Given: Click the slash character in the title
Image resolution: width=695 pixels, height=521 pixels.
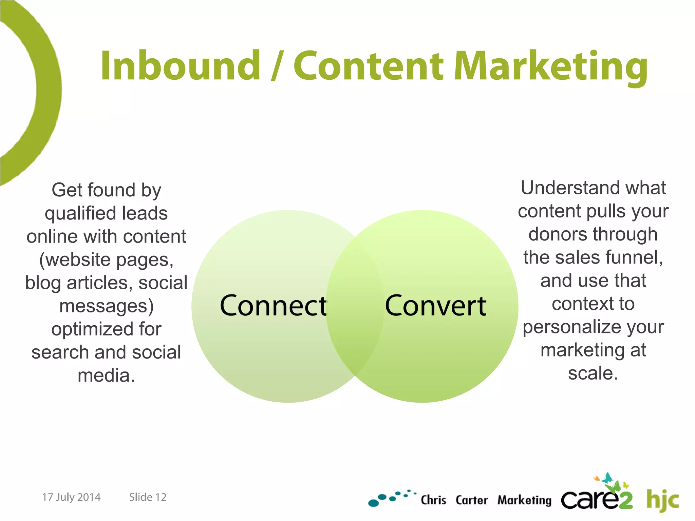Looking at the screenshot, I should click(x=277, y=66).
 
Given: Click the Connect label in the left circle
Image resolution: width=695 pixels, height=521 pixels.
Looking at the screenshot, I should click(x=273, y=306).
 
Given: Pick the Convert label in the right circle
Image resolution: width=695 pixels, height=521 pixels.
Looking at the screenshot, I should click(x=436, y=306).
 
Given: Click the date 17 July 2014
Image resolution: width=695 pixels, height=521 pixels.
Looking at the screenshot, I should click(x=71, y=497).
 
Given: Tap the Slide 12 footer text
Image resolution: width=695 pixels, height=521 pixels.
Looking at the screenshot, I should click(x=148, y=497).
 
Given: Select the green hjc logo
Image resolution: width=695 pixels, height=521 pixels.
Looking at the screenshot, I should click(x=662, y=500).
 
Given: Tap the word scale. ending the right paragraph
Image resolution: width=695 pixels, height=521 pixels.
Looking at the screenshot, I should click(x=593, y=373).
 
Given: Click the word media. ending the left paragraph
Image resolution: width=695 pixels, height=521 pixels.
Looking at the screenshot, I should click(x=106, y=375).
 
